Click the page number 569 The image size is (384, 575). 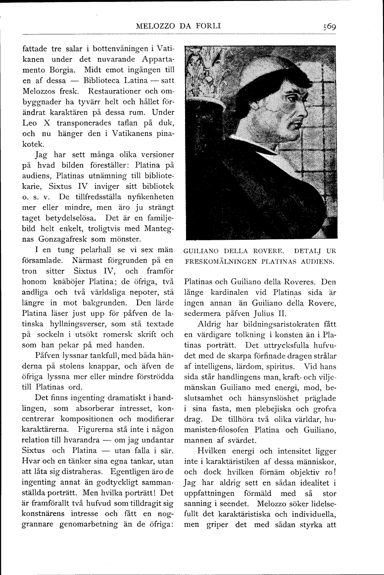click(x=328, y=27)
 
